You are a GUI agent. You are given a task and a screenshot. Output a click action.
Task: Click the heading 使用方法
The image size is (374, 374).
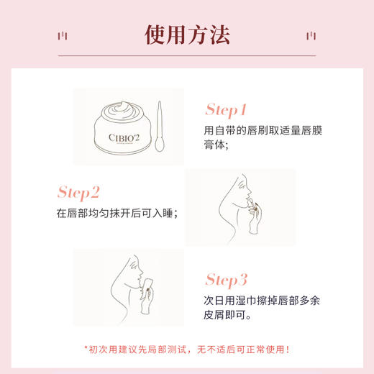187,34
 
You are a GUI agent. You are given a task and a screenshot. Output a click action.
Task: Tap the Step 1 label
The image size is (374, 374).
226,110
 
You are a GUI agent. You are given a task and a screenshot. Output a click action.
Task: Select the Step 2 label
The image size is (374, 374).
88,193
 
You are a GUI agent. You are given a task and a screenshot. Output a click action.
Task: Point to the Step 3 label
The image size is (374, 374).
227,279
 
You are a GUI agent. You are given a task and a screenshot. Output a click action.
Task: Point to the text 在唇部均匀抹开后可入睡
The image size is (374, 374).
116,214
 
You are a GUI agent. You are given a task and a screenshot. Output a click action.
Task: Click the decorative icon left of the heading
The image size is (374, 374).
63,35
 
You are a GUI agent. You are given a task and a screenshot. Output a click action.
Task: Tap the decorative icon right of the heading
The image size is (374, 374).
311,35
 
